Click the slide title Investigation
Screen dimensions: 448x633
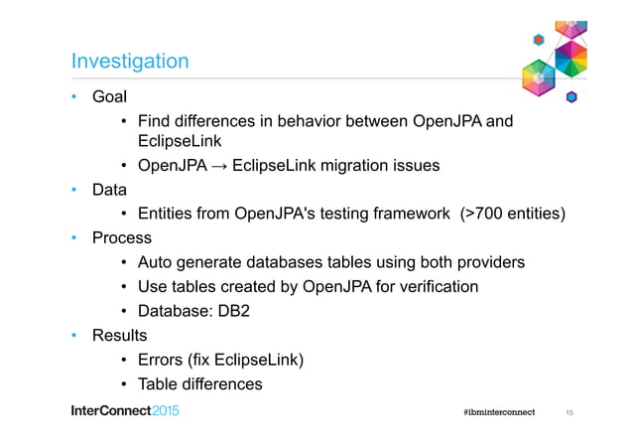click(130, 62)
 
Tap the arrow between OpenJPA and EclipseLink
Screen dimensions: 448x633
click(224, 166)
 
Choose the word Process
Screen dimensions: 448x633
click(121, 238)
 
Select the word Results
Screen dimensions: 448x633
click(119, 336)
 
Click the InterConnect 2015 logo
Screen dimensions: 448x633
click(125, 412)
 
